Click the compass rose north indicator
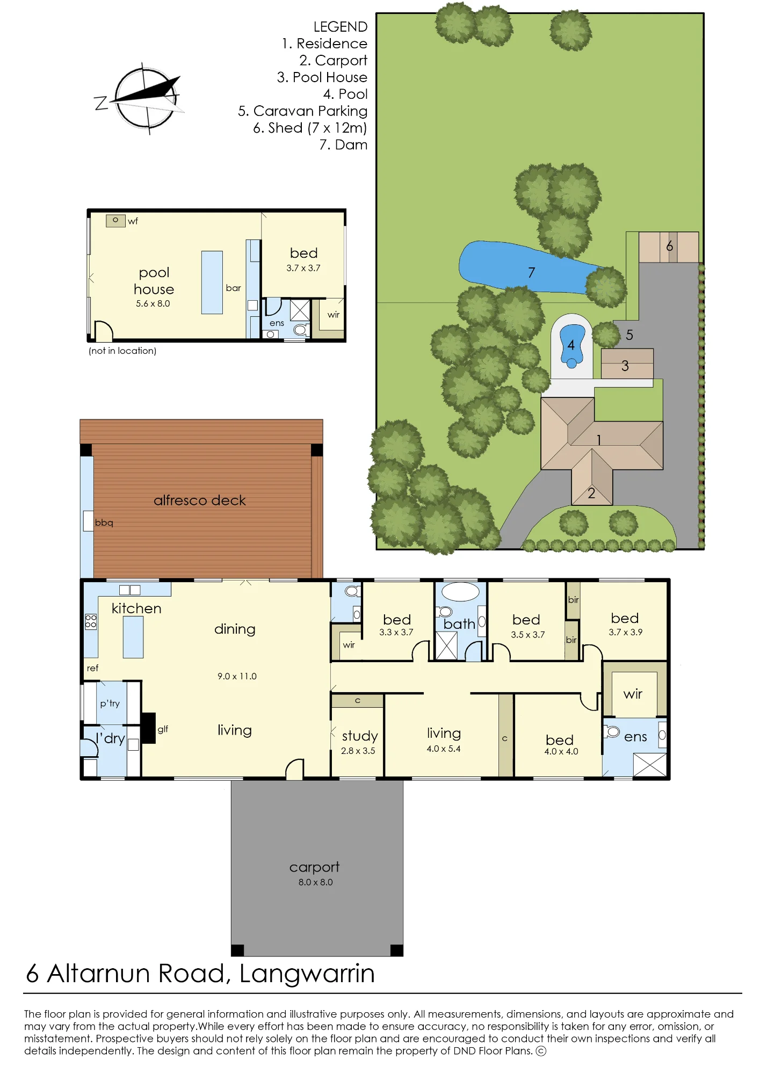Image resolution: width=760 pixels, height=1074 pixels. click(101, 103)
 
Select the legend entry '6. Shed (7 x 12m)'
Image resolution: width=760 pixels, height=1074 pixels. click(310, 128)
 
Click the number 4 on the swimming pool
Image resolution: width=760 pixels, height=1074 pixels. click(571, 345)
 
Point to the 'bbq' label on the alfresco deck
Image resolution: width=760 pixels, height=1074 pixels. click(104, 523)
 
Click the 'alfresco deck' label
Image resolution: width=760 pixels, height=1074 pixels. click(200, 500)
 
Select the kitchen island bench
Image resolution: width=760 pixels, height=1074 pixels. click(133, 637)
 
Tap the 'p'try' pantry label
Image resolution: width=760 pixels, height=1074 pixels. click(110, 703)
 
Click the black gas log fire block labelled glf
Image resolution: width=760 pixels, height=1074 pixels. click(148, 728)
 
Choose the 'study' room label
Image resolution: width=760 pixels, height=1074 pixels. click(360, 736)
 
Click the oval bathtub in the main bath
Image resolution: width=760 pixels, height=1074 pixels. click(460, 592)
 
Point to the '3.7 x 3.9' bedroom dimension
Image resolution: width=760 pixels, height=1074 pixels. click(626, 632)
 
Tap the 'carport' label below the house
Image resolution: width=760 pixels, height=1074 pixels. click(315, 867)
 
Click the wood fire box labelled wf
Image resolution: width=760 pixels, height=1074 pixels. click(115, 221)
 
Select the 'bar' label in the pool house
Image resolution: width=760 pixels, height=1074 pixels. click(234, 288)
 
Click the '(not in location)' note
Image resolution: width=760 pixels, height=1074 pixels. click(122, 351)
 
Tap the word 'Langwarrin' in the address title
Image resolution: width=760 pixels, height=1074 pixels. click(307, 974)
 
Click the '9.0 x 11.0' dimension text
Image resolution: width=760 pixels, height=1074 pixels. click(237, 676)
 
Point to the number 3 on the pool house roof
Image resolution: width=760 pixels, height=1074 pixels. click(625, 366)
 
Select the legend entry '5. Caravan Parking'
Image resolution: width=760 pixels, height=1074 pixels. click(303, 111)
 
